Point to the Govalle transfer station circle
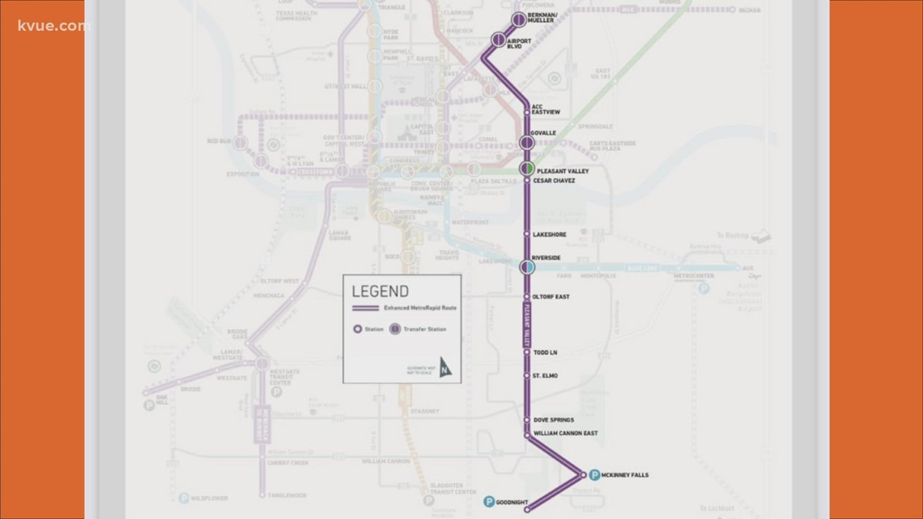[527, 143]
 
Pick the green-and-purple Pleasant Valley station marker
[527, 168]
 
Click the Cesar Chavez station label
[554, 181]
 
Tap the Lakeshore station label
[550, 235]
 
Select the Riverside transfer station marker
[527, 266]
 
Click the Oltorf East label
[551, 297]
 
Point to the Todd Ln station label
[545, 353]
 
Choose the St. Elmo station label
[545, 376]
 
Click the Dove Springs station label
[554, 420]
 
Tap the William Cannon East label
[565, 434]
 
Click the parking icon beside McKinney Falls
[593, 475]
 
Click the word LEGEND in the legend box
[381, 292]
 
